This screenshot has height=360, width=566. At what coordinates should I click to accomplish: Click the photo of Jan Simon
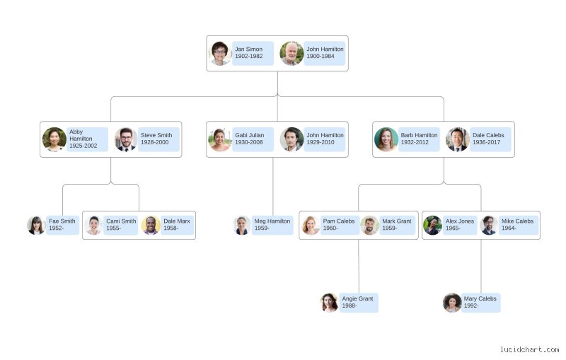(220, 53)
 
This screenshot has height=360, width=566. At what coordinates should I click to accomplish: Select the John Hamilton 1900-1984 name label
(325, 53)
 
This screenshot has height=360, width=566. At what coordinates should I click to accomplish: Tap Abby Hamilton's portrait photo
(54, 139)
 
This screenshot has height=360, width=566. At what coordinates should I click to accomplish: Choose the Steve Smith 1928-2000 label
(158, 139)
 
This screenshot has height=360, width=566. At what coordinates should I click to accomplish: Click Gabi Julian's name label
(253, 139)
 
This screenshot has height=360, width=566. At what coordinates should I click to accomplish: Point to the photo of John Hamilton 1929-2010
(291, 139)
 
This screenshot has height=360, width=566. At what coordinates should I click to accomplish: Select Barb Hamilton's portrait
(386, 139)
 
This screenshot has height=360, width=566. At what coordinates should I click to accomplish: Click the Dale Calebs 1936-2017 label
(490, 139)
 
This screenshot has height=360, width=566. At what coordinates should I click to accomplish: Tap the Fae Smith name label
(62, 225)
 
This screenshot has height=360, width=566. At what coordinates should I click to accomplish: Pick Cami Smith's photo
(94, 225)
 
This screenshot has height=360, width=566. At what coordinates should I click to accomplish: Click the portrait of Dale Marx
(151, 225)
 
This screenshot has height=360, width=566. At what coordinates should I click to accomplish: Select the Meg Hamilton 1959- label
(272, 225)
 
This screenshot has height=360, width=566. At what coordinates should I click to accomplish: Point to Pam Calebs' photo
(311, 225)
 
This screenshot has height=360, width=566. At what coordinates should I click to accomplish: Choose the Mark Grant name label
(397, 225)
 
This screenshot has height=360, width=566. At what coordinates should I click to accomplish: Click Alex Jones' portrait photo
(432, 225)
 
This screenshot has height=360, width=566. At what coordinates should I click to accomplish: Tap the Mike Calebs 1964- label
(519, 225)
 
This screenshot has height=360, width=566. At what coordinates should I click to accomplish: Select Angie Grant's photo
(329, 303)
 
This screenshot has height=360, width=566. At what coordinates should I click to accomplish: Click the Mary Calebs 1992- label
(480, 303)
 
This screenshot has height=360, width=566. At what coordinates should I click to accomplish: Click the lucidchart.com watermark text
(529, 349)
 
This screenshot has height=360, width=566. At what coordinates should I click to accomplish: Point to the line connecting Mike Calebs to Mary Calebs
(481, 266)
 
